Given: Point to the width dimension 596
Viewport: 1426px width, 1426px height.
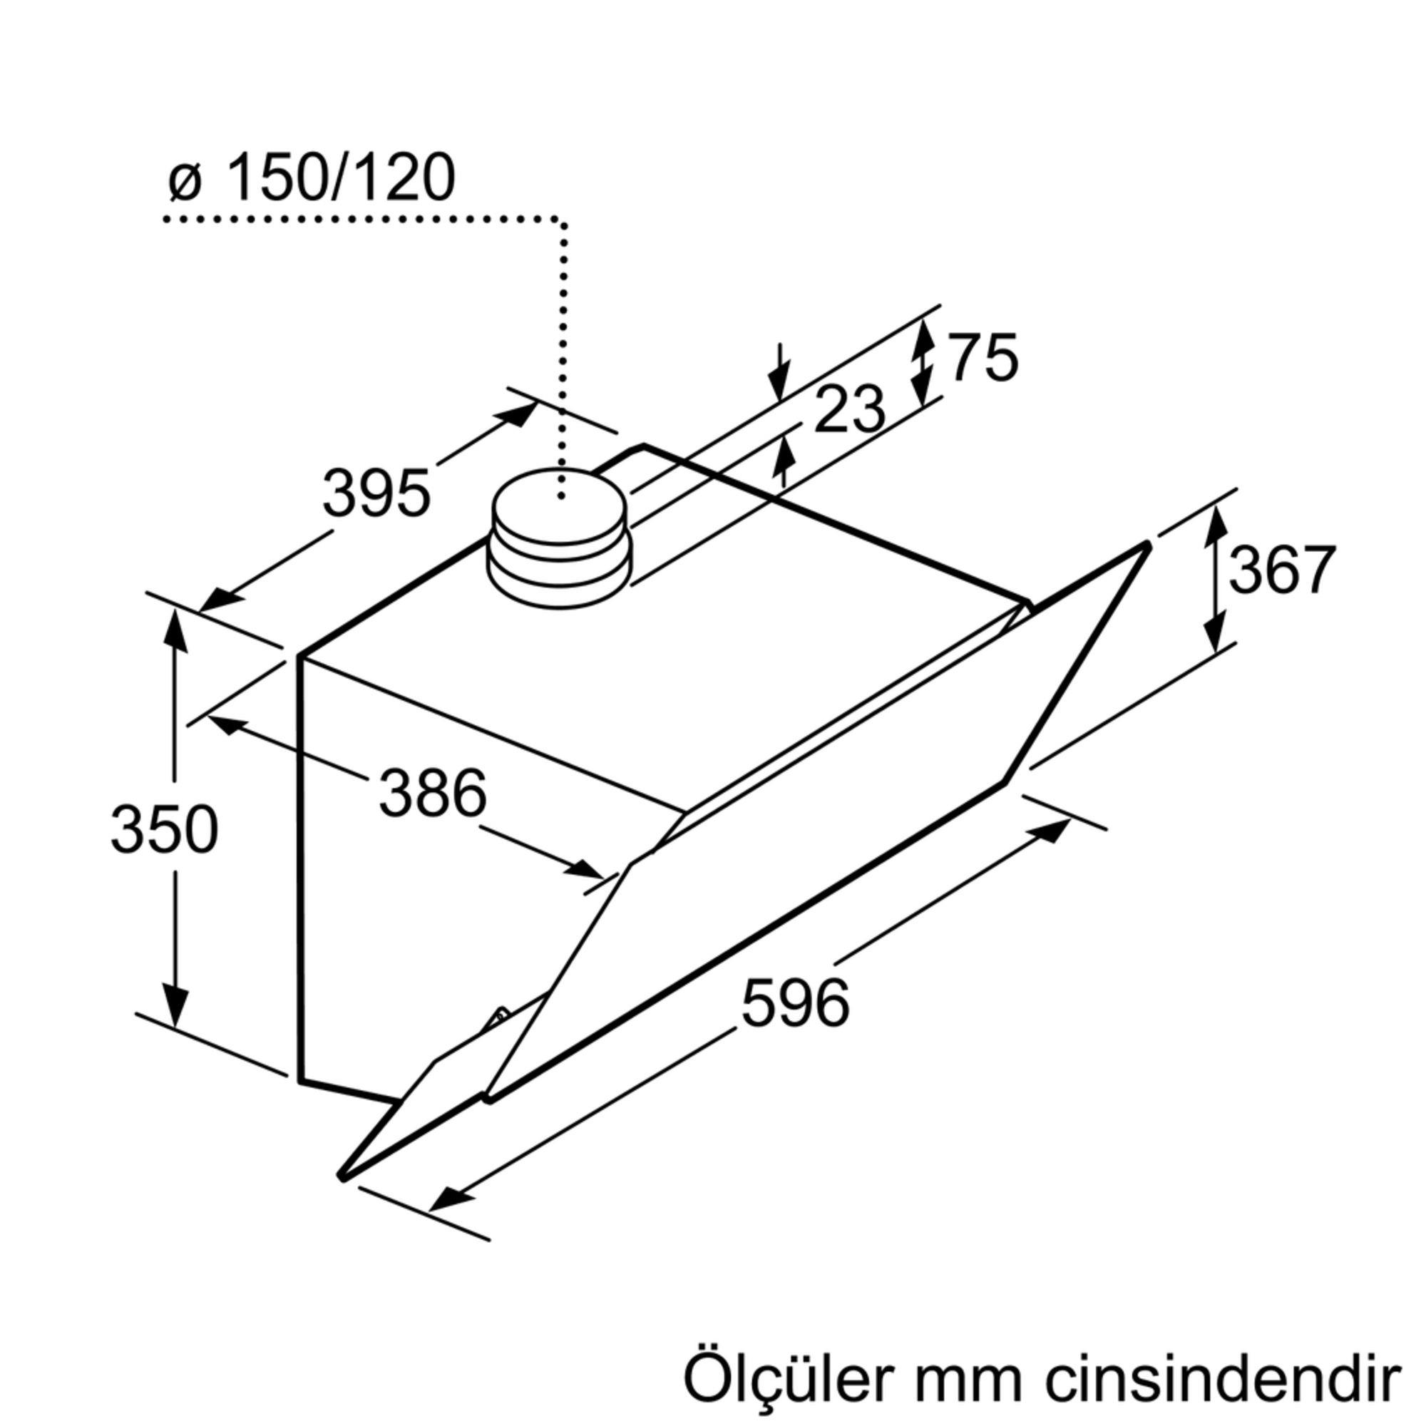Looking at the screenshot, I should (x=796, y=1002).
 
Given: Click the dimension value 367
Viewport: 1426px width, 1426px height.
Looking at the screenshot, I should (x=1282, y=570).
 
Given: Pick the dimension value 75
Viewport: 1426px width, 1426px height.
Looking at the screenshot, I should (x=983, y=358).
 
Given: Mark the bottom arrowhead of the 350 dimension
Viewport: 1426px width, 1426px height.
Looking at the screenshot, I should (x=175, y=1010).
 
